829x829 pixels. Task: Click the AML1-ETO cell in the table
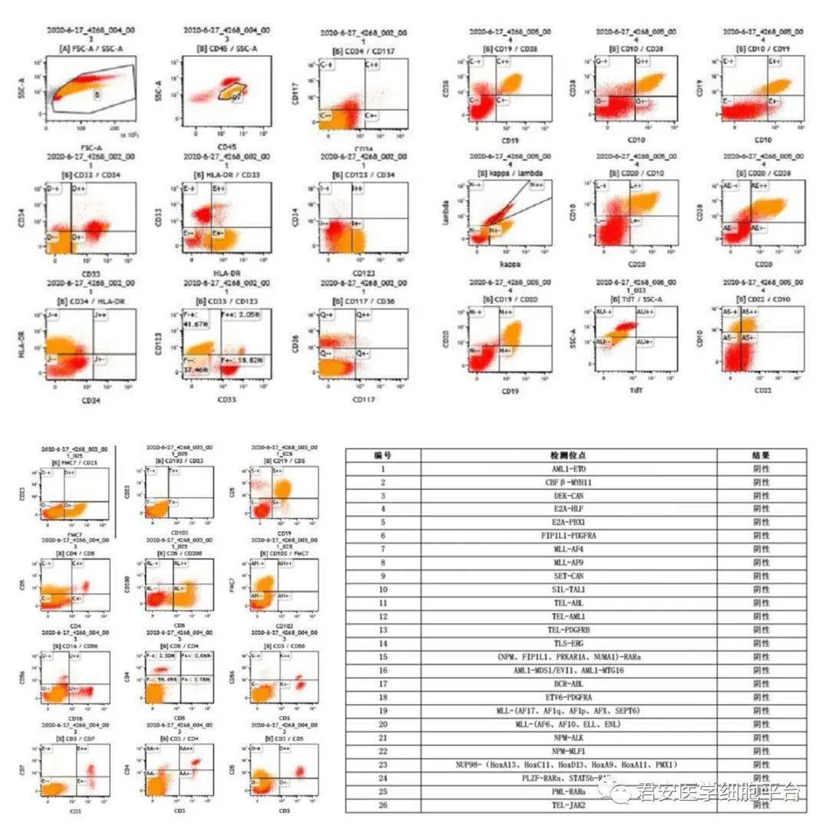pyautogui.click(x=569, y=468)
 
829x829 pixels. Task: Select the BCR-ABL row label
pyautogui.click(x=569, y=683)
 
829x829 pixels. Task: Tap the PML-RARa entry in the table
pyautogui.click(x=569, y=791)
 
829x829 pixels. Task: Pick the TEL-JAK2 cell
pyautogui.click(x=569, y=804)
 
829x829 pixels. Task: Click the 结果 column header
pyautogui.click(x=761, y=454)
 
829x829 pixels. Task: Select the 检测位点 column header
pyautogui.click(x=569, y=454)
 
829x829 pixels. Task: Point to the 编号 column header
pyautogui.click(x=383, y=454)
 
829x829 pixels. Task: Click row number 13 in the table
pyautogui.click(x=383, y=629)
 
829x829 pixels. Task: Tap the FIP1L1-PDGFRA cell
pyautogui.click(x=569, y=535)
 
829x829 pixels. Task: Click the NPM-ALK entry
pyautogui.click(x=569, y=737)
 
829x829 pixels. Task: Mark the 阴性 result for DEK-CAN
pyautogui.click(x=761, y=495)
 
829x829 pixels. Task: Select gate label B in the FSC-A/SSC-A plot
pyautogui.click(x=97, y=94)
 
